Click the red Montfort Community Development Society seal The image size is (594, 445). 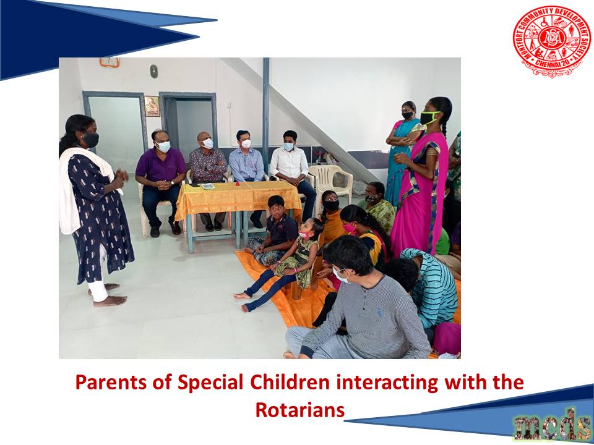coord(551,41)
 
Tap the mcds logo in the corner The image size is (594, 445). coord(553,427)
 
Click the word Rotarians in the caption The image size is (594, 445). coord(300,410)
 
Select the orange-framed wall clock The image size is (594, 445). coord(110,62)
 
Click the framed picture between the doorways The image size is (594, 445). coord(152,106)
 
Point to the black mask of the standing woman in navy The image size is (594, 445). coord(90,140)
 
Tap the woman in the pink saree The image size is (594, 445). coord(421,178)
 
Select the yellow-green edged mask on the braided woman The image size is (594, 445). coord(429,117)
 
